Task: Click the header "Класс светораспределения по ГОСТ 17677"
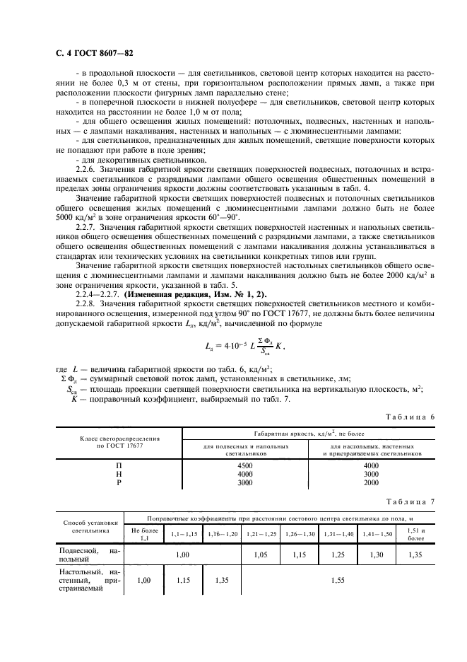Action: pyautogui.click(x=119, y=442)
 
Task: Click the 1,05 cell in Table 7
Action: pyautogui.click(x=261, y=554)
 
